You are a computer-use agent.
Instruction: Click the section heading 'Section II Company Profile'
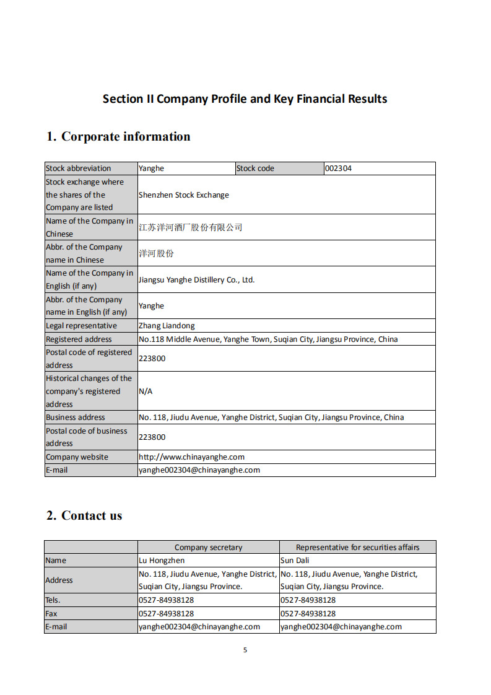point(245,99)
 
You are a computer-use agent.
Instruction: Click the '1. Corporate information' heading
point(118,137)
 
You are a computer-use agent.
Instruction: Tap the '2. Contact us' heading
point(84,515)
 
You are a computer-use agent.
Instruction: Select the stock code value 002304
point(339,168)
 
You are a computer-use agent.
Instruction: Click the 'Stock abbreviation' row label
point(79,168)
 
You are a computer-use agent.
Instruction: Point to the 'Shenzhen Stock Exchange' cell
point(184,195)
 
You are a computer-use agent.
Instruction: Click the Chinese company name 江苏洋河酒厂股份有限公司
point(191,227)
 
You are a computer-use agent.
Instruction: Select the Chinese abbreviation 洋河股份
point(157,253)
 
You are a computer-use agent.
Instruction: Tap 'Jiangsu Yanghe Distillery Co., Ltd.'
point(197,280)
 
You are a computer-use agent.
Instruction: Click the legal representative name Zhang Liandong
point(167,326)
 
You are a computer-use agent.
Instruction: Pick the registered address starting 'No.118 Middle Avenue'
point(268,339)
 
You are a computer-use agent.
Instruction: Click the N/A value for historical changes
point(146,391)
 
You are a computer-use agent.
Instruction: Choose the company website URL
point(191,457)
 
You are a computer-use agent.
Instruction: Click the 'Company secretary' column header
point(209,548)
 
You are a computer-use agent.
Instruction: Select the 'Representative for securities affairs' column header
point(357,548)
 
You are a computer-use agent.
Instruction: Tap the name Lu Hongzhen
point(162,561)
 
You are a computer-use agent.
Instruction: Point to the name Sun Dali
point(295,561)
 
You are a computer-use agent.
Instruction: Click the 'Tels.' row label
point(53,600)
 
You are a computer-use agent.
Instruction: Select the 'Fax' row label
point(51,614)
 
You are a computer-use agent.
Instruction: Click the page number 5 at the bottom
point(245,650)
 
